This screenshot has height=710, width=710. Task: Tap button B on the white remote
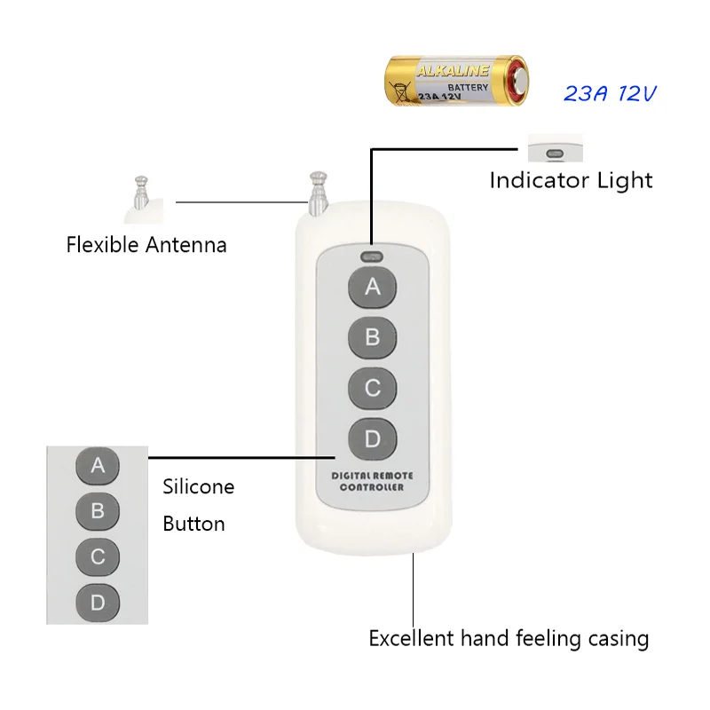tap(373, 337)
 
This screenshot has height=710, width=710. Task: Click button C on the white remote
tap(373, 388)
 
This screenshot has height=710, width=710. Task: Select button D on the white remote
tap(373, 438)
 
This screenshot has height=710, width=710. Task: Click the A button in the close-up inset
tap(99, 465)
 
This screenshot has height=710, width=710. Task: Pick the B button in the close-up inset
tap(99, 511)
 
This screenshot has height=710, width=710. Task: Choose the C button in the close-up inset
tap(99, 557)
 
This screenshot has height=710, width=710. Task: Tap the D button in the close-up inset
tap(99, 603)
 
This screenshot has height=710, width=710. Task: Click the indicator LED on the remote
tap(371, 258)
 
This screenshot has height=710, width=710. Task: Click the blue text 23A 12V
tap(610, 93)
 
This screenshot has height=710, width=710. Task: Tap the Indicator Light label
tap(571, 180)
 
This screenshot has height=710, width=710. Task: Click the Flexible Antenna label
tap(146, 244)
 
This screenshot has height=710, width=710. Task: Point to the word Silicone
tap(199, 486)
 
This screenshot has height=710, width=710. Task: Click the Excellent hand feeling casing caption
tap(509, 638)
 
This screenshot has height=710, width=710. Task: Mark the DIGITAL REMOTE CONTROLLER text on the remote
tap(372, 482)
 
